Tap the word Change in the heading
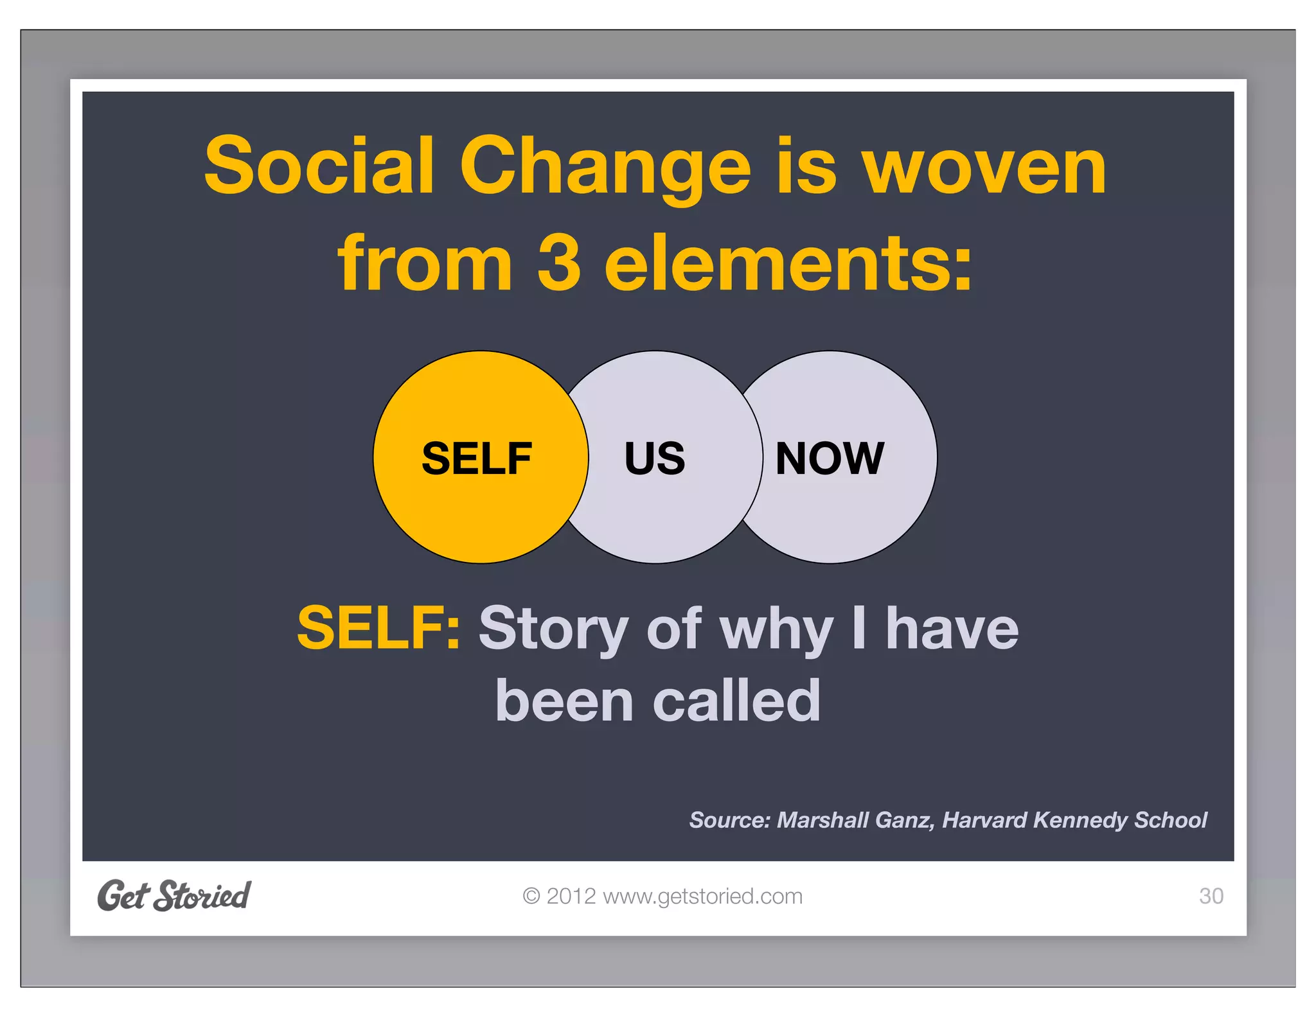[604, 168]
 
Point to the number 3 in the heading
[559, 262]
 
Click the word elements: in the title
[788, 262]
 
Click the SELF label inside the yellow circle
[476, 459]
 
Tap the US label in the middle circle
[655, 459]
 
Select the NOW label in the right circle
[830, 459]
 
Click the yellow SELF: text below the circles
[378, 628]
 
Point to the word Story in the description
[553, 629]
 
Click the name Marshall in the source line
[821, 820]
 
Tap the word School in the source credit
[1170, 820]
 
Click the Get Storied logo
[173, 896]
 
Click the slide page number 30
[1211, 896]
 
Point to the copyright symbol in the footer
[531, 896]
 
